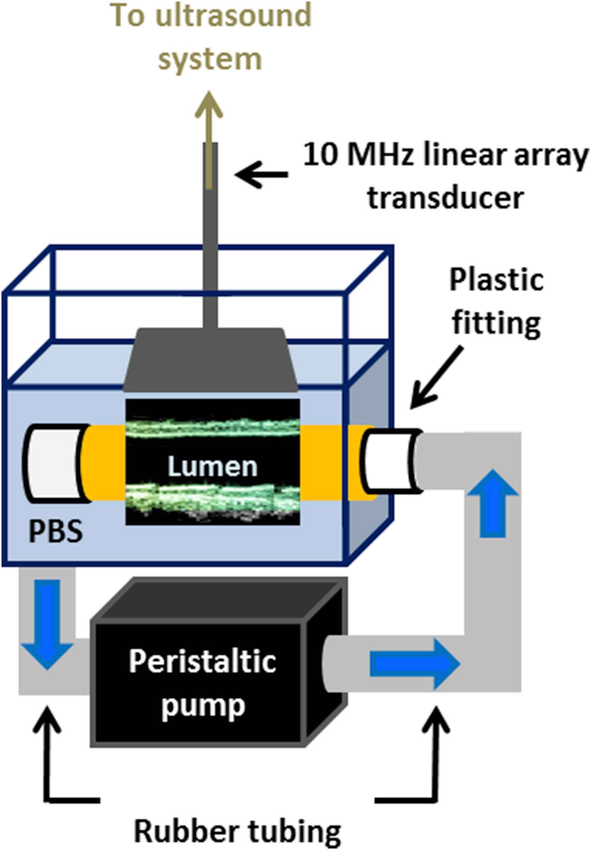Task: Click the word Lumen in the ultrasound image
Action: (x=212, y=466)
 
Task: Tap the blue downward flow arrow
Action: (x=47, y=624)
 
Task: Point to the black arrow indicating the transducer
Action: (x=261, y=174)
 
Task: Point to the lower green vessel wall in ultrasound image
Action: (x=212, y=496)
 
